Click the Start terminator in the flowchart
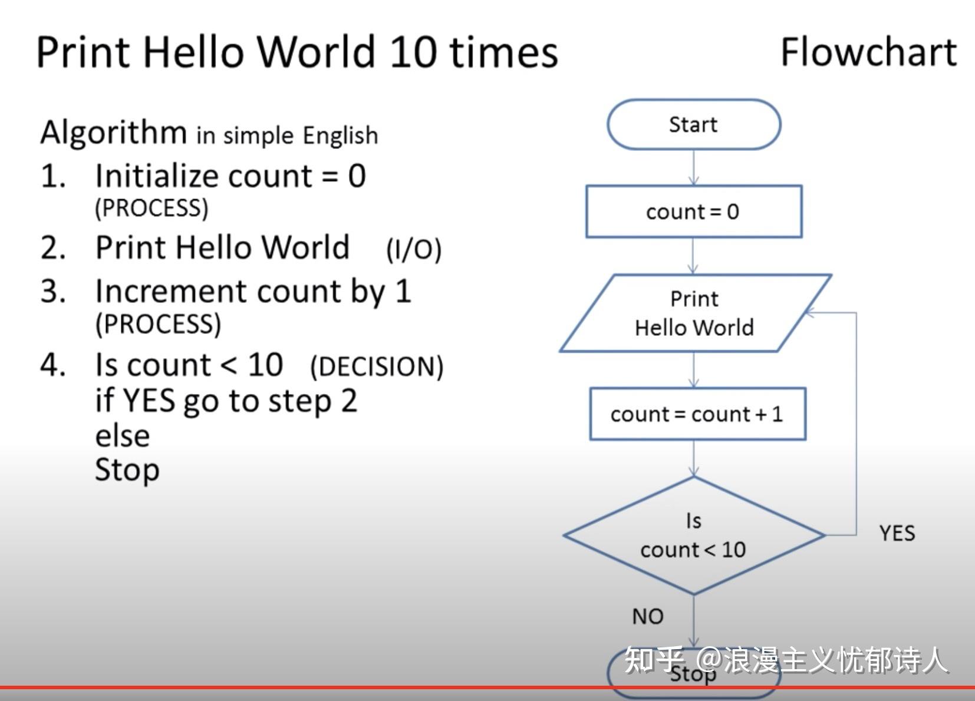coord(694,124)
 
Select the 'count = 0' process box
coord(693,211)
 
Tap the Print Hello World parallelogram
coord(694,313)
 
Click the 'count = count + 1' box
coord(697,414)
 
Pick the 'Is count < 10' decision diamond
coord(694,535)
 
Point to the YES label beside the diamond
coord(897,534)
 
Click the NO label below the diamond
coord(647,617)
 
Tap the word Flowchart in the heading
coord(868,52)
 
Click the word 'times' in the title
coord(503,52)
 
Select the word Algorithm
coord(113,133)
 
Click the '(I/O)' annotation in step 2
coord(413,249)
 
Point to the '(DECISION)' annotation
coord(377,366)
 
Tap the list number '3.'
coord(53,292)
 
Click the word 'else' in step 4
coord(123,436)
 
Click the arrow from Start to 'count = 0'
coord(694,168)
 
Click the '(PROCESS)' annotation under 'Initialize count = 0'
coord(151,208)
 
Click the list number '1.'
coord(53,176)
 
